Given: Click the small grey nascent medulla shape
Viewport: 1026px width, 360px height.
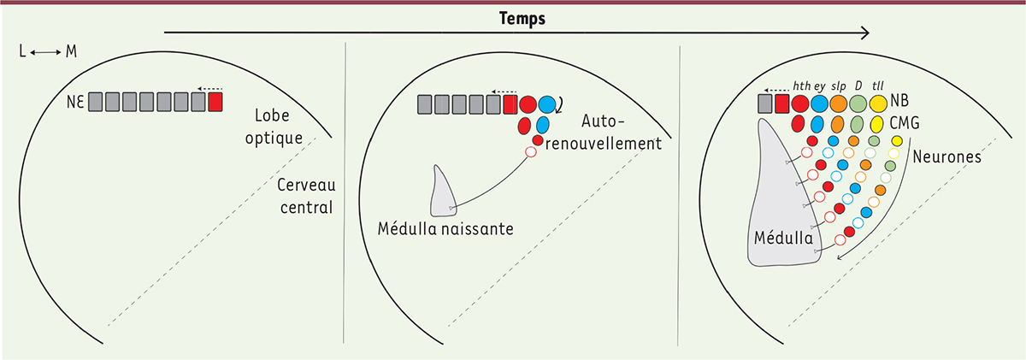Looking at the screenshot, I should pyautogui.click(x=442, y=192).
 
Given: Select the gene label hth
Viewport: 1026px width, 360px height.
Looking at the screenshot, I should pyautogui.click(x=801, y=85).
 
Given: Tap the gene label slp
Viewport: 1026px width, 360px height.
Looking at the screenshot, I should pyautogui.click(x=840, y=85).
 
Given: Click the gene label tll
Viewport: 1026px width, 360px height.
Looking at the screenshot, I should pyautogui.click(x=877, y=85).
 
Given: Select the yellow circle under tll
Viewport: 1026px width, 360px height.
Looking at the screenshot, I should pyautogui.click(x=878, y=103).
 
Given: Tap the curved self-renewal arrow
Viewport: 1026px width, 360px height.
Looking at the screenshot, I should pyautogui.click(x=561, y=105).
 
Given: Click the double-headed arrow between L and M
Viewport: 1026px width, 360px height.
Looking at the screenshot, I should pyautogui.click(x=44, y=53).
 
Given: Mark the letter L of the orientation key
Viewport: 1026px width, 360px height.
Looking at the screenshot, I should pyautogui.click(x=22, y=53).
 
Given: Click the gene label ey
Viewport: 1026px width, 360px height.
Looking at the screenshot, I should pyautogui.click(x=819, y=86).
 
